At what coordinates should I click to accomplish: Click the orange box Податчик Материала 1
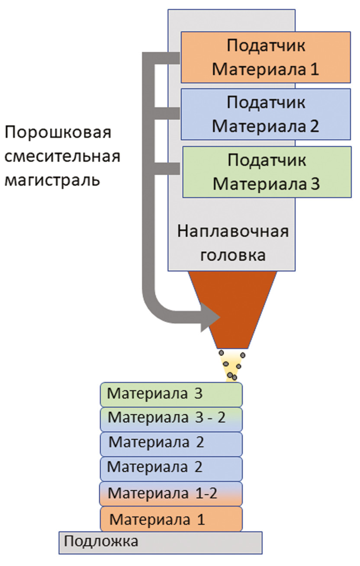[x=265, y=57]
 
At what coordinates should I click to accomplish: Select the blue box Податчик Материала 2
[x=265, y=114]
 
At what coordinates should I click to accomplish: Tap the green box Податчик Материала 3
[x=266, y=172]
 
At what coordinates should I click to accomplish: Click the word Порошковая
[x=58, y=132]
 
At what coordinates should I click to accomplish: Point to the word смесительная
[x=62, y=156]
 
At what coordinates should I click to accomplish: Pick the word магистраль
[x=52, y=179]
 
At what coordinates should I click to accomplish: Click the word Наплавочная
[x=232, y=231]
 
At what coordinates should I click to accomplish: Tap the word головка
[x=232, y=255]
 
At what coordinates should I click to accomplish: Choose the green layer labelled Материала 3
[x=171, y=394]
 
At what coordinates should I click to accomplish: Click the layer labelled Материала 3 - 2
[x=171, y=419]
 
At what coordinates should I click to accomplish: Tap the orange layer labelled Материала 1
[x=171, y=518]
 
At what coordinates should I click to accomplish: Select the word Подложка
[x=101, y=541]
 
